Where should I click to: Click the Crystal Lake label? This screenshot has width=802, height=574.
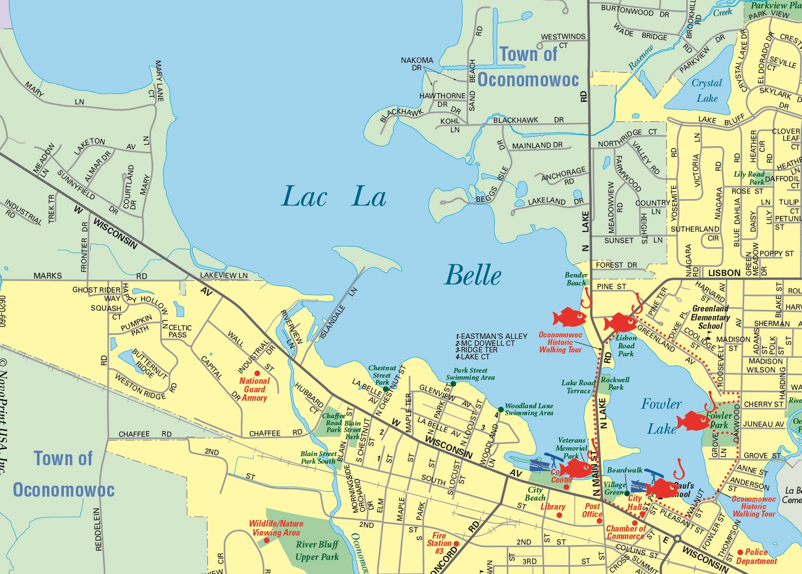(x=707, y=90)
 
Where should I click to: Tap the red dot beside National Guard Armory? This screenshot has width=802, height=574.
(x=257, y=373)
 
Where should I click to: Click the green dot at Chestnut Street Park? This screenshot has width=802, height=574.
(x=386, y=389)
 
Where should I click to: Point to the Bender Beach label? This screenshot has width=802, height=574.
(x=576, y=279)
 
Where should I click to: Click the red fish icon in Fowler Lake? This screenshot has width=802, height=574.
(x=692, y=420)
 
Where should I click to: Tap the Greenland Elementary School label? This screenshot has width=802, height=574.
(x=710, y=317)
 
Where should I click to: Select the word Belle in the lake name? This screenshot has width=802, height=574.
(x=472, y=276)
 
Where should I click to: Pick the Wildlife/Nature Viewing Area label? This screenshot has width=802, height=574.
(x=276, y=528)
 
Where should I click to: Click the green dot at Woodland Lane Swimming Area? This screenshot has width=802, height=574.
(x=501, y=409)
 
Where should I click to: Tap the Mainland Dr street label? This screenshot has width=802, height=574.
(x=537, y=145)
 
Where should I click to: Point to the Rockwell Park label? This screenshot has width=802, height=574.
(x=615, y=383)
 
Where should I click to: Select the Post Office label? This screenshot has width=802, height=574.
(x=593, y=510)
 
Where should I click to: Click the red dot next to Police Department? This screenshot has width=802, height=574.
(x=740, y=552)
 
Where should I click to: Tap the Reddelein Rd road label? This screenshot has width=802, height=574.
(x=98, y=529)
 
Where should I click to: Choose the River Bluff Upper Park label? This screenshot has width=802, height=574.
(x=317, y=551)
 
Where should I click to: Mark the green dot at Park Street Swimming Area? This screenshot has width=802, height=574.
(x=453, y=384)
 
